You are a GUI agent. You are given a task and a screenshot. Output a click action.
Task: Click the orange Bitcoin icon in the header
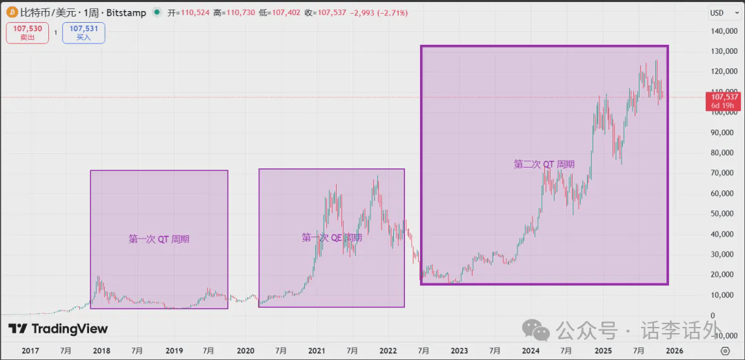coord(12,12)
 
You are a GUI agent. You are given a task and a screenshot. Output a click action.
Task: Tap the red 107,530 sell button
coord(28,32)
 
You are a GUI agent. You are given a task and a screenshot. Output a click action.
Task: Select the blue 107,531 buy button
coord(83,32)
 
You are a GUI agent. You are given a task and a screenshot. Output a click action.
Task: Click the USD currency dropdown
coord(720,12)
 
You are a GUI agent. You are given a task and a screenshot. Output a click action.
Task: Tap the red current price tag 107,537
coord(724,101)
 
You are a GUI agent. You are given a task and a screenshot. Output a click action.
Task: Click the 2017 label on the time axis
coord(30,350)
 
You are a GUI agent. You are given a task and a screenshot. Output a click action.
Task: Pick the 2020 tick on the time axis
coord(246,350)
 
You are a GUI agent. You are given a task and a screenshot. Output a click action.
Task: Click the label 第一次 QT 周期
coord(159,239)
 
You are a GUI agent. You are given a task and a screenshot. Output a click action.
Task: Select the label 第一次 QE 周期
coord(332,237)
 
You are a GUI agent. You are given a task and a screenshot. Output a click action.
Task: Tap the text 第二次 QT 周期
coord(544,164)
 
